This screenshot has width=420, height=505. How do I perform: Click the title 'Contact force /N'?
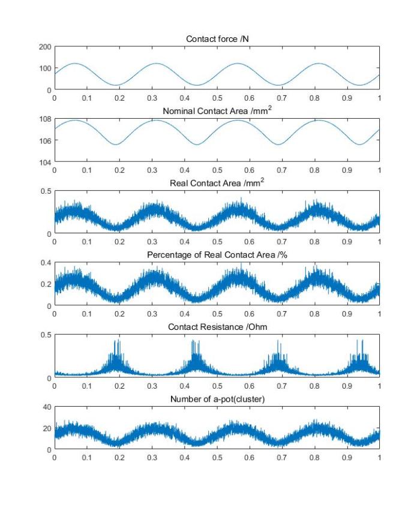click(217, 39)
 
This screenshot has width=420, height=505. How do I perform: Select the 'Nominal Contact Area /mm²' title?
click(217, 110)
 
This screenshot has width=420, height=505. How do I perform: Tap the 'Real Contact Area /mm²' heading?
click(217, 182)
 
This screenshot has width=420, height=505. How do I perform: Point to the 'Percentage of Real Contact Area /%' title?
click(217, 255)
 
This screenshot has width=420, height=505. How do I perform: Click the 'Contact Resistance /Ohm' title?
click(217, 327)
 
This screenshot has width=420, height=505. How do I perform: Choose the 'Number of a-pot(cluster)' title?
click(217, 399)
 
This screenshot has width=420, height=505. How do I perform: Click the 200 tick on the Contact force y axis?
click(45, 47)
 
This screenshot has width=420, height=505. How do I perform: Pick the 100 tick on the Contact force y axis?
click(45, 68)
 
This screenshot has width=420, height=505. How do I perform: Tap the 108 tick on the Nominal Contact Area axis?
click(45, 119)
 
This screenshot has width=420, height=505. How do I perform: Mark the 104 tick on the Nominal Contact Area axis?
click(45, 163)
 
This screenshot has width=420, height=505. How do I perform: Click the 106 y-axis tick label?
click(45, 141)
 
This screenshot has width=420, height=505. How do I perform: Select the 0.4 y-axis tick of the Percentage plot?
click(46, 263)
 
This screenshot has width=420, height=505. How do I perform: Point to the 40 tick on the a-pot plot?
click(47, 407)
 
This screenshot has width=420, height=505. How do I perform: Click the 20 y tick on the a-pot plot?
click(47, 428)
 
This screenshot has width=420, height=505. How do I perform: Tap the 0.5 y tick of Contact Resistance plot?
click(46, 335)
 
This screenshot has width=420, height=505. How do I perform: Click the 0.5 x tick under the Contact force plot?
click(217, 98)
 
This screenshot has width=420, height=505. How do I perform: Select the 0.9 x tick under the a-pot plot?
click(347, 458)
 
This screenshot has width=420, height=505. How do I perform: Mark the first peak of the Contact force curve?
click(75, 64)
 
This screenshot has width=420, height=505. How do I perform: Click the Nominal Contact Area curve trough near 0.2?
click(116, 145)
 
